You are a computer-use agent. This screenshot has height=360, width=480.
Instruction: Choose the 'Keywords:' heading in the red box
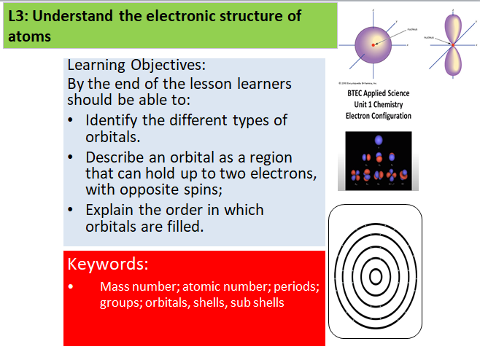coord(107,262)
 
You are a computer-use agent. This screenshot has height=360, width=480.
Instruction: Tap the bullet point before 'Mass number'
coord(71,286)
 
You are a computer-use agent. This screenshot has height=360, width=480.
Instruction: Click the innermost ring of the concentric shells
coord(376,276)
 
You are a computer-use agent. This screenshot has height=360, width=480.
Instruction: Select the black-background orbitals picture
coord(374,161)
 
